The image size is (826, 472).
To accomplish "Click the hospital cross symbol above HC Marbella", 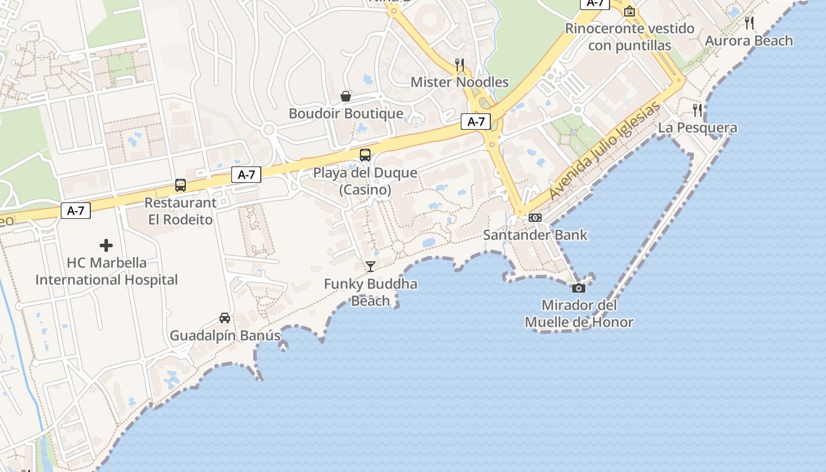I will tap(106, 245).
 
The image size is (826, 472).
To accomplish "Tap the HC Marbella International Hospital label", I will tap(106, 271).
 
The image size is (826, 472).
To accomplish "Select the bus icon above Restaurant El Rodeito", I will tap(181, 185).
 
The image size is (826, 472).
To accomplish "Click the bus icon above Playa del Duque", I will tap(365, 155).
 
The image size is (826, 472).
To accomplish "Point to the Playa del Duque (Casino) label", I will tap(365, 181).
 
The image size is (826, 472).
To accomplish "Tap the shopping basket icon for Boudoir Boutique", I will tap(346, 96).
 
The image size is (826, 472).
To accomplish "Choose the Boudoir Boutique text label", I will tap(346, 113).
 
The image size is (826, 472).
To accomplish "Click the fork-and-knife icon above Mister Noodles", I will tap(460, 65).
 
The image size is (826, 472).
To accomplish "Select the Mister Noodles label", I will tap(460, 82).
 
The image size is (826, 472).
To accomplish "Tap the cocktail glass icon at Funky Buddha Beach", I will tap(370, 267).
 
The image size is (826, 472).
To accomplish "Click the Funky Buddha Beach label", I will tap(370, 293).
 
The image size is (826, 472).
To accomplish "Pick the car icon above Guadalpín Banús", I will tap(225, 318).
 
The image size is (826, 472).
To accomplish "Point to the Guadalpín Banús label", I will tap(225, 336).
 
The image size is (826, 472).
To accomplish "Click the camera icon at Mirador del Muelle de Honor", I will tap(579, 288).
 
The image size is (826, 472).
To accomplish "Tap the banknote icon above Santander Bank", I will tap(535, 217).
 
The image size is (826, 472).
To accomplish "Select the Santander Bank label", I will tap(535, 235).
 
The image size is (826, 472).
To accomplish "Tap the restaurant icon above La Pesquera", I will tap(697, 110).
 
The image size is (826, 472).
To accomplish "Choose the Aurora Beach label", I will tap(749, 41).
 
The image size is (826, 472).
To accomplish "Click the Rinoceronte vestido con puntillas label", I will tap(630, 37).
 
